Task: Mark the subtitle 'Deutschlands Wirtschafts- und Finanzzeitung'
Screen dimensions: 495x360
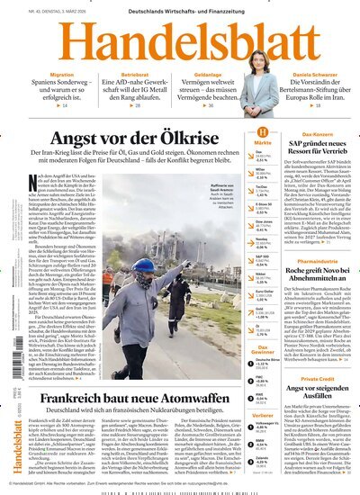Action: pyautogui.click(x=180, y=10)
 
